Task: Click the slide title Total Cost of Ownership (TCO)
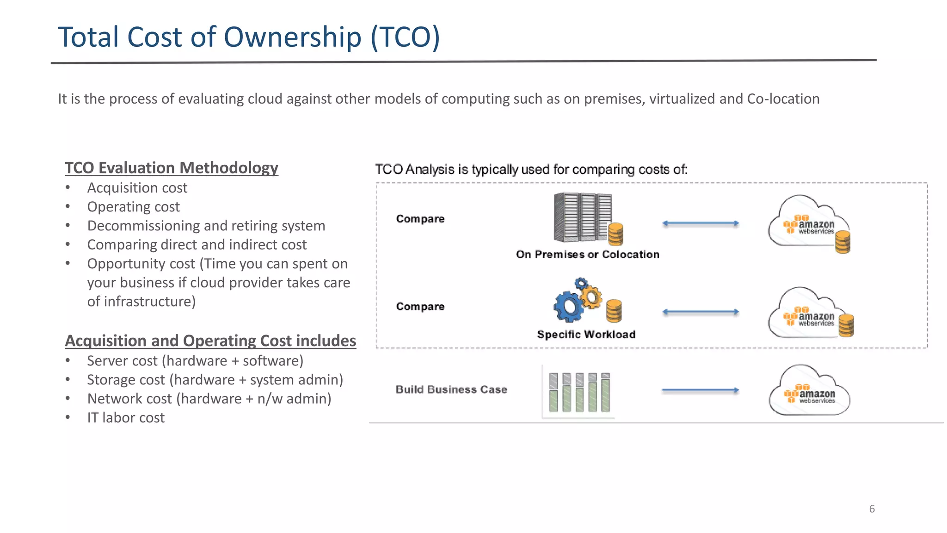click(249, 37)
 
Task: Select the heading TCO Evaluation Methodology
click(171, 167)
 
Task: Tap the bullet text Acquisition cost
click(137, 188)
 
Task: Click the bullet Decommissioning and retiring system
click(206, 226)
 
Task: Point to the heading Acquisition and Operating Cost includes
click(210, 341)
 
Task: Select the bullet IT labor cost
click(126, 418)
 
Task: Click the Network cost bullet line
click(209, 399)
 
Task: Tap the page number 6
click(872, 509)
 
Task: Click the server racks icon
click(583, 217)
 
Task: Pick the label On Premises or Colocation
click(587, 254)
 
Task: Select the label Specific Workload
click(586, 335)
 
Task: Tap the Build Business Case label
click(451, 390)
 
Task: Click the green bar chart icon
click(579, 392)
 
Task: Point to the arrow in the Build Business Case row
click(700, 390)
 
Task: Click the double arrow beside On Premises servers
click(700, 223)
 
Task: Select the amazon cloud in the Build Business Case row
click(809, 391)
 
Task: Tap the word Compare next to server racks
click(420, 219)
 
